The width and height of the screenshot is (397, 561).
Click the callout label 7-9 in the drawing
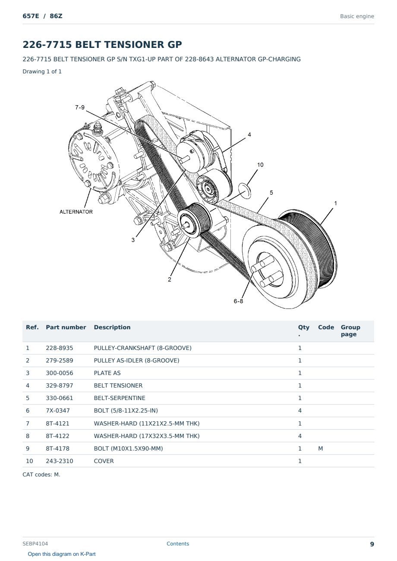(x=80, y=107)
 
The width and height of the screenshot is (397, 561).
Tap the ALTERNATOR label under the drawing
(x=76, y=212)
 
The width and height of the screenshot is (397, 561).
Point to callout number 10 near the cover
(x=260, y=165)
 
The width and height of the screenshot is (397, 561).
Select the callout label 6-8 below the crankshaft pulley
(x=238, y=301)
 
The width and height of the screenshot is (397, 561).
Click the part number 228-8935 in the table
(x=60, y=348)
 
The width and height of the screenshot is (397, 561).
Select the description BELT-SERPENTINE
(x=120, y=398)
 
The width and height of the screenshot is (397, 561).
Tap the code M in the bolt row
(x=320, y=448)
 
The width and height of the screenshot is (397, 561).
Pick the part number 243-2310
(x=60, y=461)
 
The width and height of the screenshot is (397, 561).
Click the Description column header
(x=112, y=327)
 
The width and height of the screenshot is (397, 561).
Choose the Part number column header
(x=66, y=327)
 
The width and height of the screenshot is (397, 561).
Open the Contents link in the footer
(x=178, y=543)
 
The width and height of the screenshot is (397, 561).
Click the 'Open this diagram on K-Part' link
(x=62, y=554)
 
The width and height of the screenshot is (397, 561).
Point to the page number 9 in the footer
(x=372, y=544)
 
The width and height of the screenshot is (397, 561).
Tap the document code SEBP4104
(x=35, y=543)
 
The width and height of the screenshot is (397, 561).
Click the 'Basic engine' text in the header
(x=357, y=16)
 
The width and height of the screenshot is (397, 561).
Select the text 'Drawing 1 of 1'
(x=42, y=71)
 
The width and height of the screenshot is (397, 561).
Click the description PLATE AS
(x=107, y=373)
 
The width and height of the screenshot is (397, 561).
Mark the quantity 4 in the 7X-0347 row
(x=300, y=410)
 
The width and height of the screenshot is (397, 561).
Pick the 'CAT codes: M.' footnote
(x=41, y=475)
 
